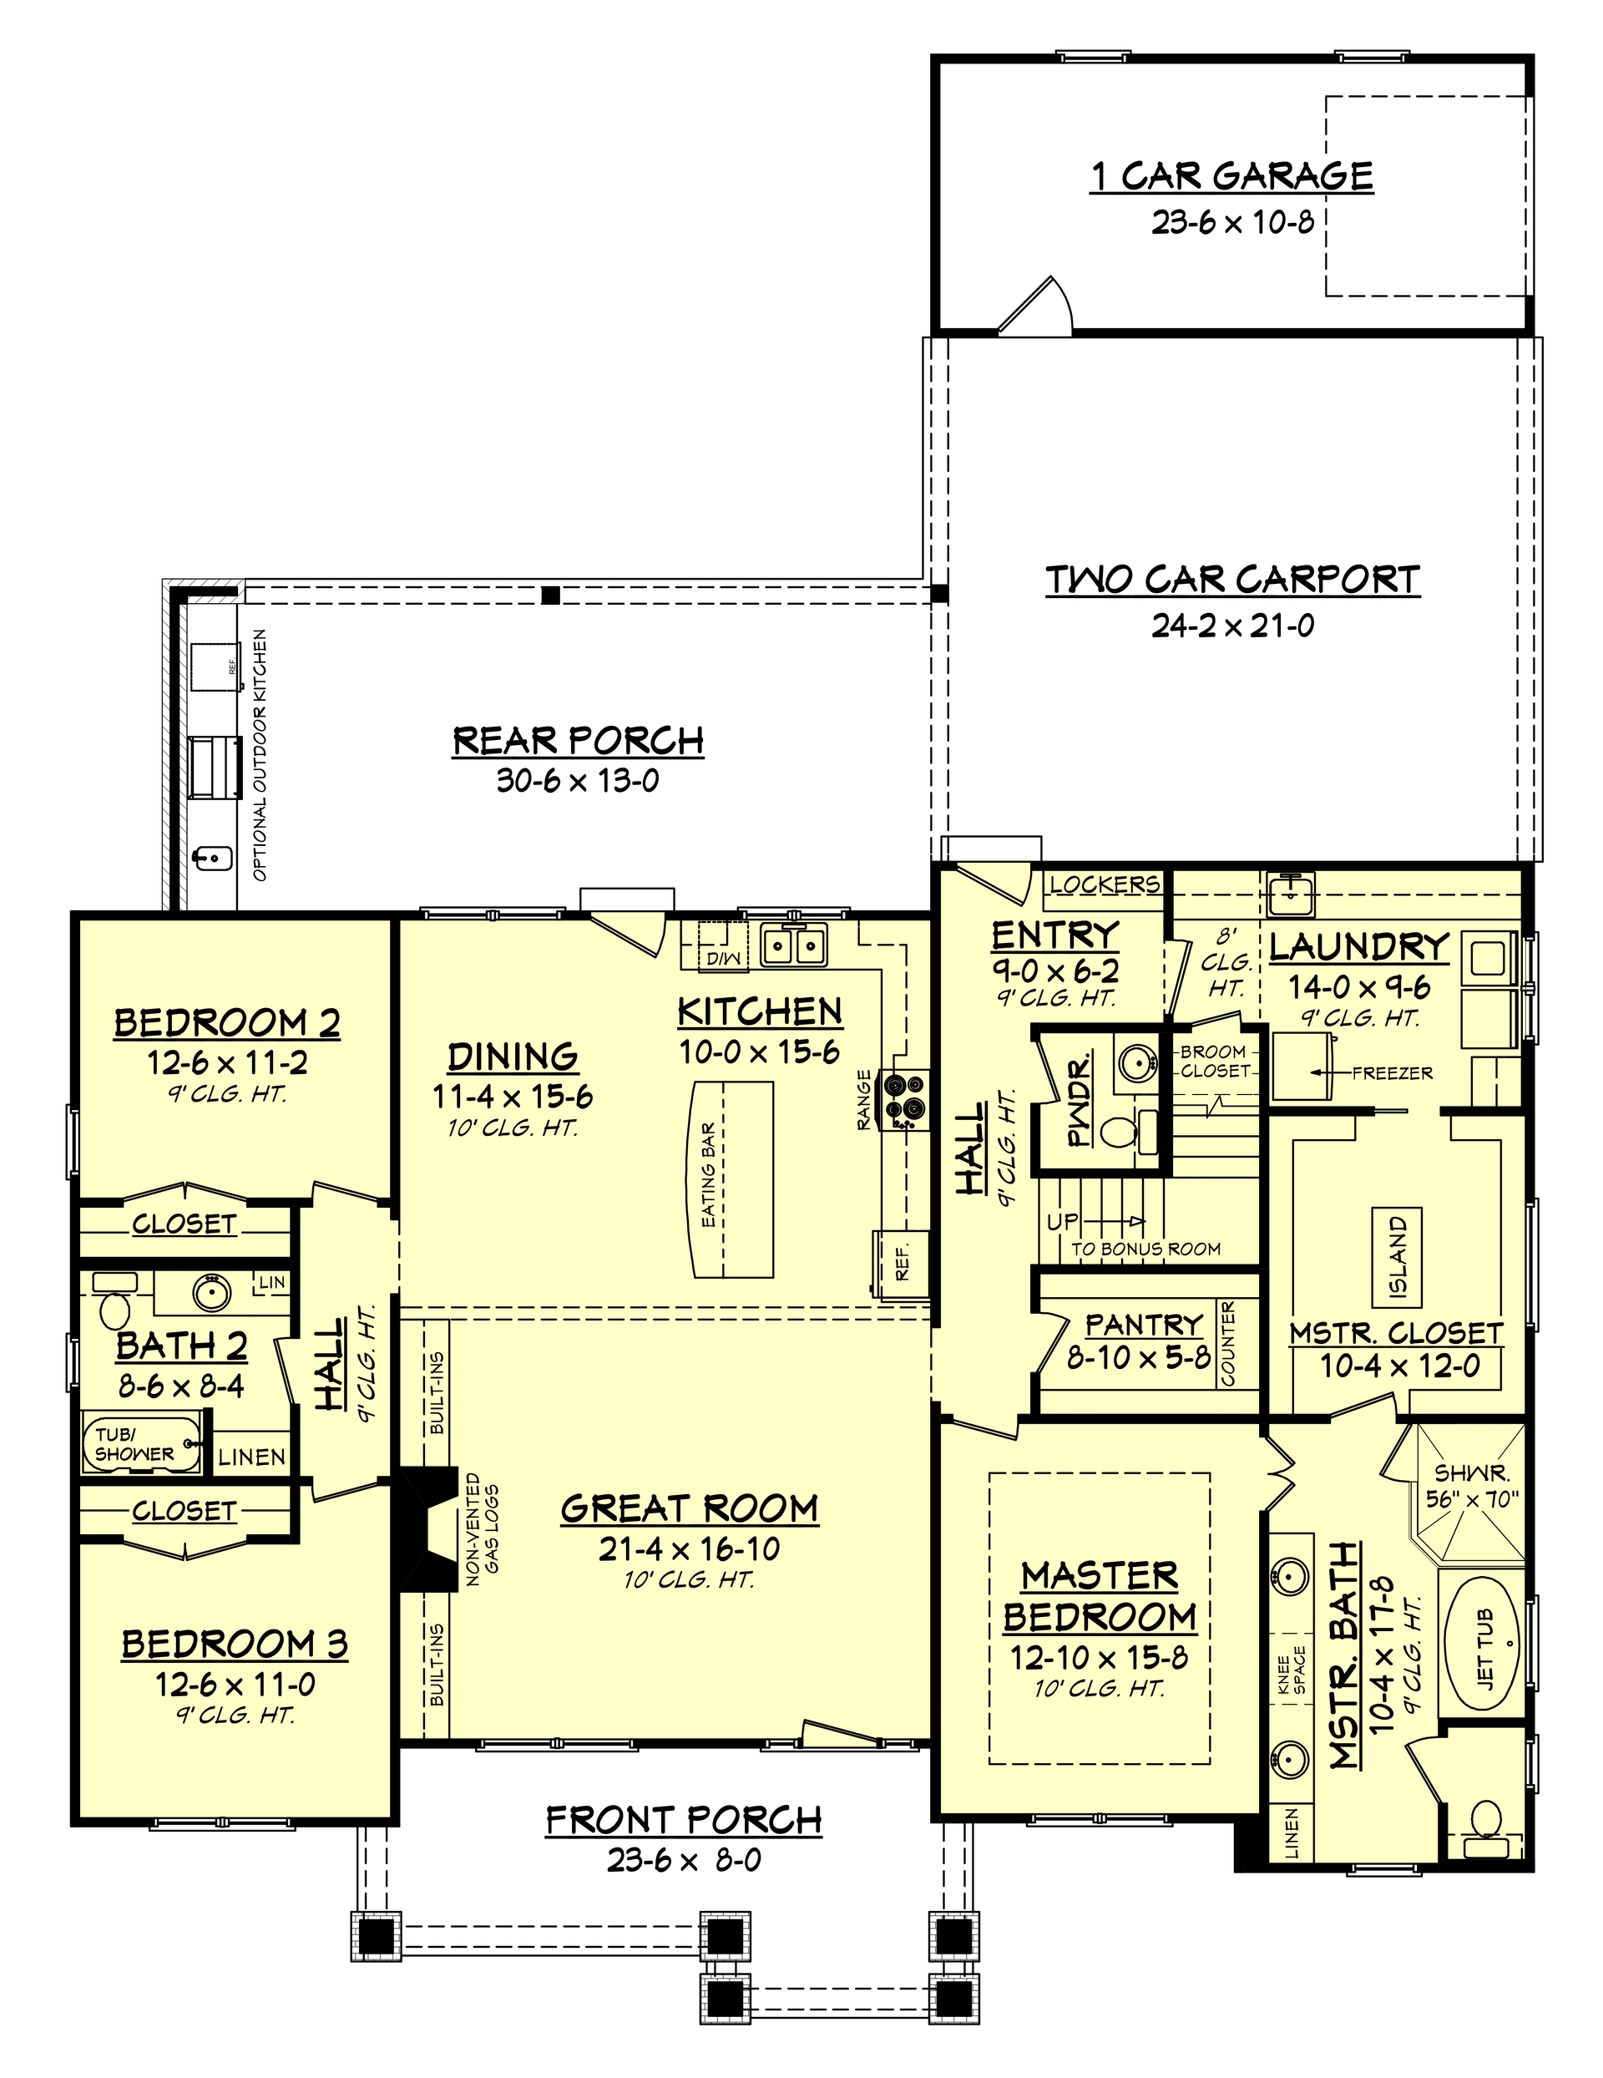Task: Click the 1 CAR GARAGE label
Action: point(1231,176)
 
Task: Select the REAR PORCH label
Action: point(578,740)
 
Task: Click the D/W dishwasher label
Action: point(723,958)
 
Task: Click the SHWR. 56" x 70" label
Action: point(1472,1485)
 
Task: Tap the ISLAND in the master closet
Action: point(1397,1258)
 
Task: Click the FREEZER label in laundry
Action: point(1392,1072)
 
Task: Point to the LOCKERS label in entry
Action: point(1104,884)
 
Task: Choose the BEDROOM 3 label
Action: point(234,1645)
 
